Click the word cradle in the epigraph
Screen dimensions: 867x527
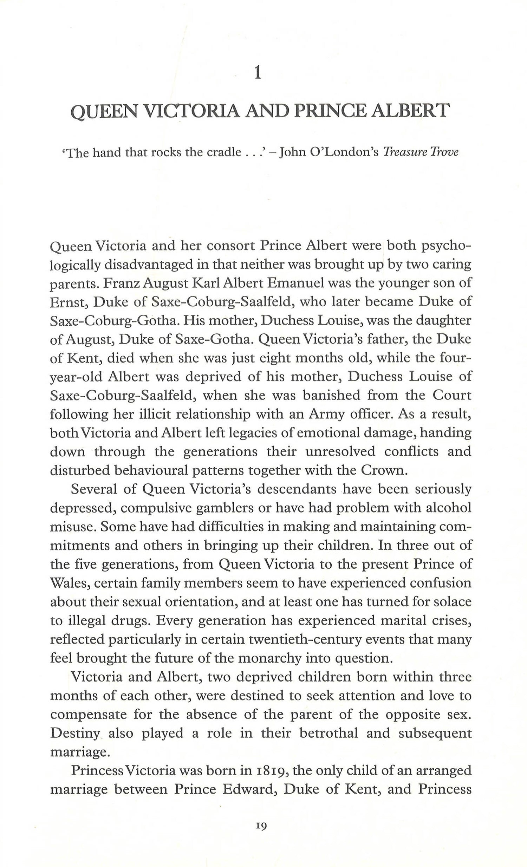pos(223,152)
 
